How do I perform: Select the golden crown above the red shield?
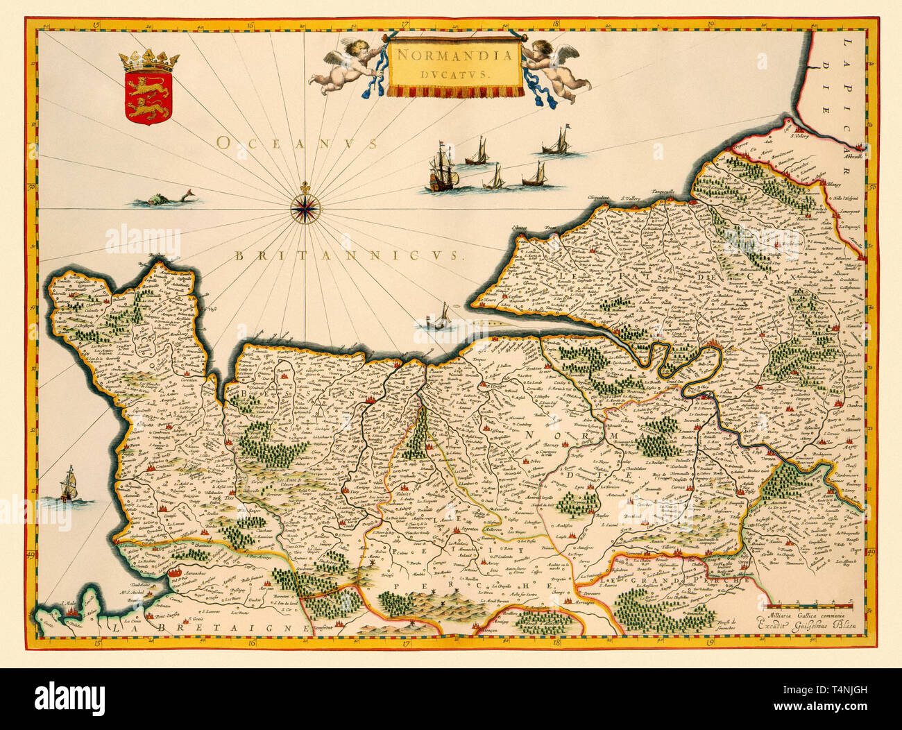(x=148, y=62)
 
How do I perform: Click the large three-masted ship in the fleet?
(x=442, y=170)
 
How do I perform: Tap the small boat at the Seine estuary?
(x=437, y=319)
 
